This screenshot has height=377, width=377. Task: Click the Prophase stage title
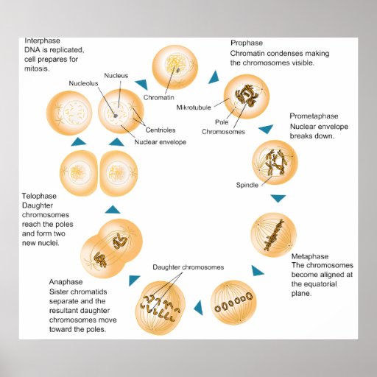[x=247, y=43]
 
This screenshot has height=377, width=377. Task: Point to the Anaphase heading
[x=66, y=281]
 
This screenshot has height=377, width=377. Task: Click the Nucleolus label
[x=84, y=83]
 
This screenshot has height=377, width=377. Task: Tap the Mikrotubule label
[x=195, y=108]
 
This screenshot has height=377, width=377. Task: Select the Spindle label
[x=247, y=185]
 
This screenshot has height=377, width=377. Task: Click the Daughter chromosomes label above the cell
[x=188, y=267]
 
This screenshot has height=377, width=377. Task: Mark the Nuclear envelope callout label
[x=160, y=141]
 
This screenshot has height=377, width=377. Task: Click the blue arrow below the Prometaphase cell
[x=278, y=199]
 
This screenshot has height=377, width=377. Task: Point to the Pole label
[x=222, y=122]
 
